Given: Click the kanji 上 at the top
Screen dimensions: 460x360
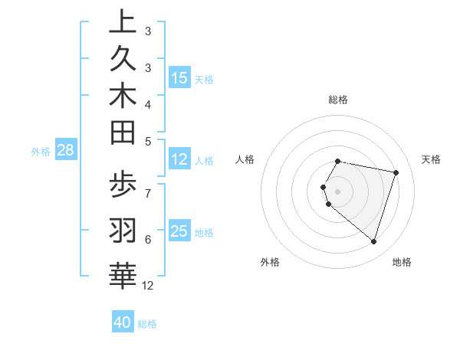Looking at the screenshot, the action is tap(123, 21).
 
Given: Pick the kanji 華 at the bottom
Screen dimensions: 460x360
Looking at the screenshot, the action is tap(123, 274).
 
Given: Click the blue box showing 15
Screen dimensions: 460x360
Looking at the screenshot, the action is tap(179, 77).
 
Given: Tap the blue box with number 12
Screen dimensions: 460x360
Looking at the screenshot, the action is tap(179, 159).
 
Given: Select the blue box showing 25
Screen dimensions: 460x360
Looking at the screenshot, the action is tap(179, 231).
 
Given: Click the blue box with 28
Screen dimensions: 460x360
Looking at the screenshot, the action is tap(65, 150).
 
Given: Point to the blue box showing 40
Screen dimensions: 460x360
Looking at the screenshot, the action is tap(123, 322).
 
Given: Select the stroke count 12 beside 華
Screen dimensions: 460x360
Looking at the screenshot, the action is tap(148, 286).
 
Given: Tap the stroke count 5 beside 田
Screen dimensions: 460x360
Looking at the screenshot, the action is tap(147, 141).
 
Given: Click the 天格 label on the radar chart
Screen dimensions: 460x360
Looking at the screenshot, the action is tap(432, 159).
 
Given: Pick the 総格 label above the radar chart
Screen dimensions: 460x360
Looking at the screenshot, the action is tap(338, 100).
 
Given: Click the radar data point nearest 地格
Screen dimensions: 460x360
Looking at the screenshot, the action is tap(373, 242).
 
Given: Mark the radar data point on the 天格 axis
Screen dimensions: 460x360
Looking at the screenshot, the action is tap(396, 172).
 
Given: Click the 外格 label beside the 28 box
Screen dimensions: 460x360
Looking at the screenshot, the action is tap(41, 151).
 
